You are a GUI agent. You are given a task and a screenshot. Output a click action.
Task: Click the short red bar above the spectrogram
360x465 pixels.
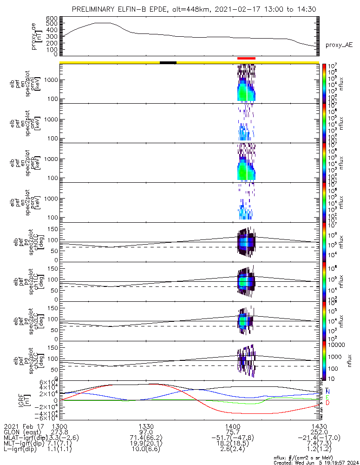[246, 59]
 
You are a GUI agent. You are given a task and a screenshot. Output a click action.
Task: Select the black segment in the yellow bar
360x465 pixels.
[168, 62]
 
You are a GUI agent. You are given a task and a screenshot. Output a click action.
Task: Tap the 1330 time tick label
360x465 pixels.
[146, 426]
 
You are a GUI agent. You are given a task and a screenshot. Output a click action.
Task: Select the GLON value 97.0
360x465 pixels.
[146, 432]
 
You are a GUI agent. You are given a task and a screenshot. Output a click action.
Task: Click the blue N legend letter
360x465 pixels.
[327, 391]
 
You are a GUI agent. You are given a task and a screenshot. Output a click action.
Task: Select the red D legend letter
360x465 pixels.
[327, 403]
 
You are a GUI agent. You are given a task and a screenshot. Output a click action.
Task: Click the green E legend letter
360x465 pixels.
[327, 397]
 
